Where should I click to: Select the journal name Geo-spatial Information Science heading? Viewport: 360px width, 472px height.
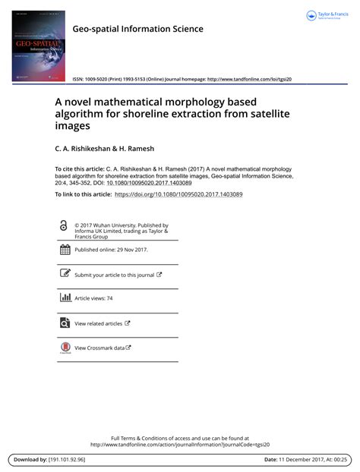(137, 30)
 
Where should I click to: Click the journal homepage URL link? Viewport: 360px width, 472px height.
(249, 79)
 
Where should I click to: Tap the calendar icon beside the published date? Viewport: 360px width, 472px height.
(65, 250)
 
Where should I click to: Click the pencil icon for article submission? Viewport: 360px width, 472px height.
(65, 274)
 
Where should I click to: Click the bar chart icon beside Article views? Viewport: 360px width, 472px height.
(65, 298)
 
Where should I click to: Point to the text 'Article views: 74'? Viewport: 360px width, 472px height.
(93, 299)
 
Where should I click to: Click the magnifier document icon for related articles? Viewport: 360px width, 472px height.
(65, 323)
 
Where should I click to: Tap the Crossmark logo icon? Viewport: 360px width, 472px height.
(65, 348)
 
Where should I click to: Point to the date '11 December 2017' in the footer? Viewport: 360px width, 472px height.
(298, 460)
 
